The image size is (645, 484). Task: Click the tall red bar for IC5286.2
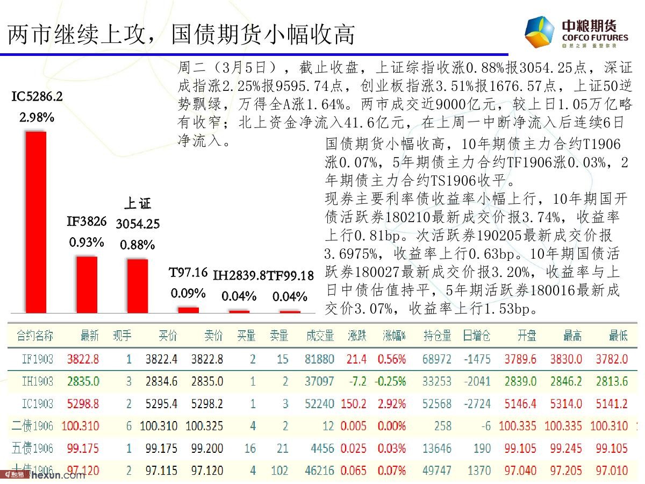click(x=36, y=222)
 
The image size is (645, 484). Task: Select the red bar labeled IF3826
click(x=87, y=284)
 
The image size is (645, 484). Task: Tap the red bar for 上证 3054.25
click(x=137, y=286)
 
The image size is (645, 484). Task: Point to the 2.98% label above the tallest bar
click(x=37, y=117)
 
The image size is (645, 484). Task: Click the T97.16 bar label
click(x=188, y=273)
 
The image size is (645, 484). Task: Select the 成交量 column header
click(x=320, y=336)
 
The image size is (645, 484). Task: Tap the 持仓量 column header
click(x=437, y=336)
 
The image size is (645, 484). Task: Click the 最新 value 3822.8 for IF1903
click(x=83, y=359)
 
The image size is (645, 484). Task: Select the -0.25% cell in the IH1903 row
click(x=391, y=381)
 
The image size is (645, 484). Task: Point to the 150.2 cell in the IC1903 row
click(x=354, y=403)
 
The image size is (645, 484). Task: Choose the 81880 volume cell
click(x=319, y=359)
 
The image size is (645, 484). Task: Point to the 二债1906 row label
click(x=33, y=426)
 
